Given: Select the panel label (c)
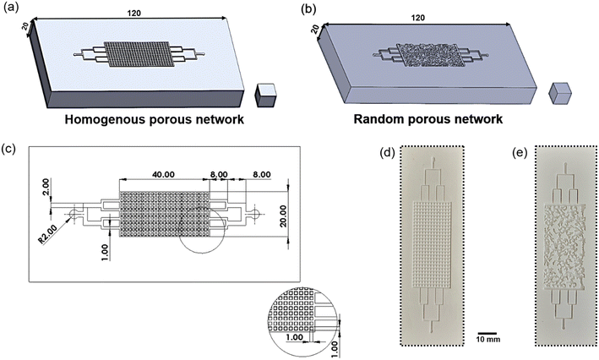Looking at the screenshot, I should click(x=12, y=150).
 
